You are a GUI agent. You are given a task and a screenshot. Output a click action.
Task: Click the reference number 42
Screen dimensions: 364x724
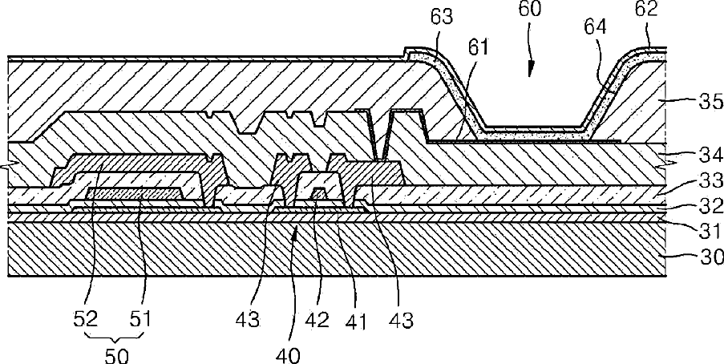point(318,321)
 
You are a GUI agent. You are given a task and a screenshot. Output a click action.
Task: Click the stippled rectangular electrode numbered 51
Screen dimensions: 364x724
point(132,193)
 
